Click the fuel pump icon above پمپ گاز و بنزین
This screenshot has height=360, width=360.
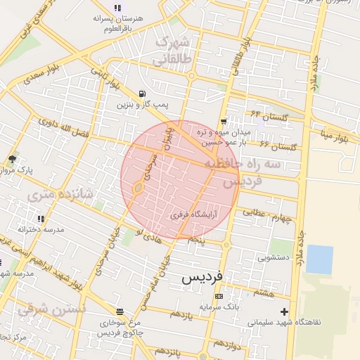point(143,94)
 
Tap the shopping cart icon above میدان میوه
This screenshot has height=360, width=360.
point(224,122)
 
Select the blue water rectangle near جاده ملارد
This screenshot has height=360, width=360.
point(319,259)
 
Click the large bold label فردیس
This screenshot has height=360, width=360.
point(202,277)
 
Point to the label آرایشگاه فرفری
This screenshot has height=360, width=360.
point(195,215)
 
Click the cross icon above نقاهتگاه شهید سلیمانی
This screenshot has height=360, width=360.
point(284,311)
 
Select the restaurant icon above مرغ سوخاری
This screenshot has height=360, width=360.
point(120,311)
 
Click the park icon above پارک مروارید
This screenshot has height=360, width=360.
point(12,160)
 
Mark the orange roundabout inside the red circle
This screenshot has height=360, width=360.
point(139,188)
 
